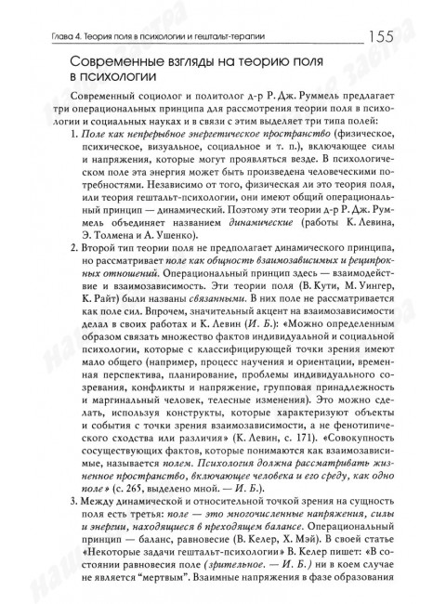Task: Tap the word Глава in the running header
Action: tap(44, 37)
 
